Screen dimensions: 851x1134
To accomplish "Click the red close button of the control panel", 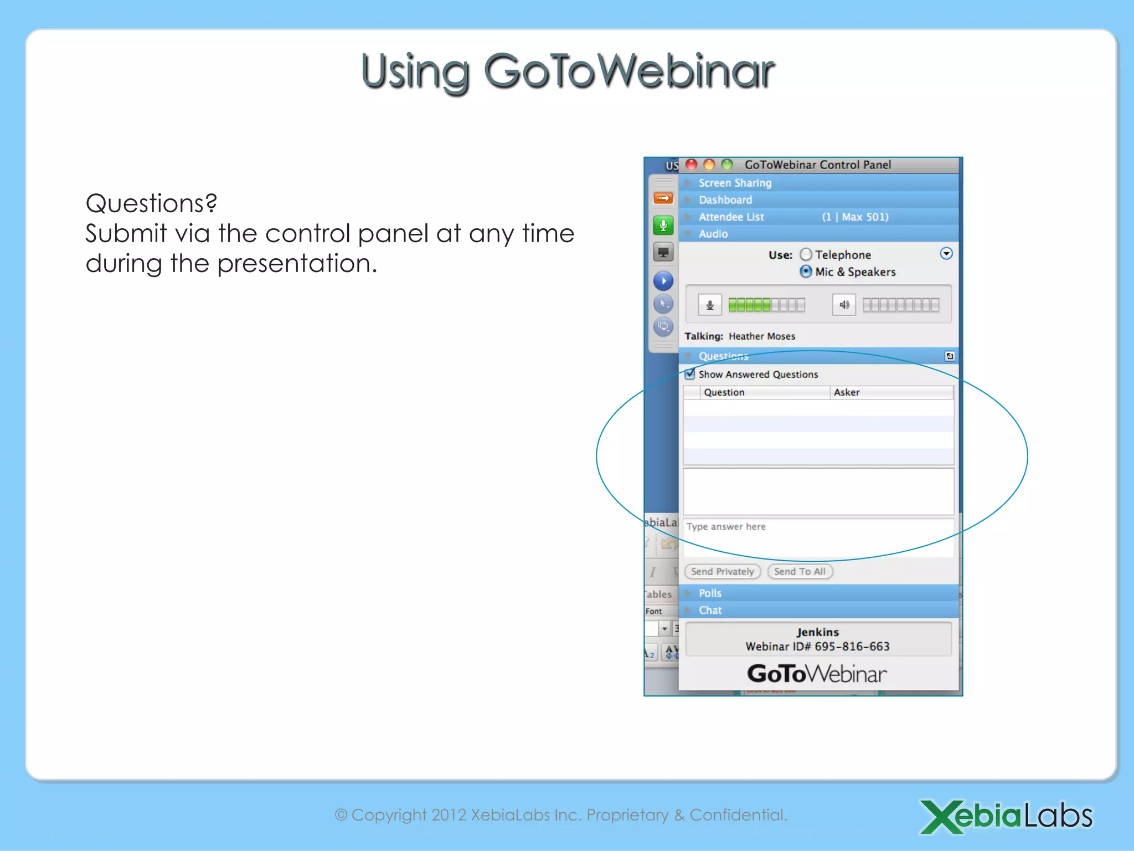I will [691, 165].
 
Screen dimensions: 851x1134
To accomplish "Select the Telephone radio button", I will [806, 254].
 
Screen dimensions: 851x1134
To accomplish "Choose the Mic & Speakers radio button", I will [806, 271].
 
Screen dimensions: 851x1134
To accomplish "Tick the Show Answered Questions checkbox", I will [690, 374].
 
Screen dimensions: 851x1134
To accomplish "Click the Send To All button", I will [800, 571].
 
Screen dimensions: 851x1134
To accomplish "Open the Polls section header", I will [710, 593].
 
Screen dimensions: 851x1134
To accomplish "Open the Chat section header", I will [710, 610].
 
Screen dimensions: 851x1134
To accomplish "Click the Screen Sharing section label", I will [735, 183].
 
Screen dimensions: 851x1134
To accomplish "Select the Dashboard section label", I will [725, 199].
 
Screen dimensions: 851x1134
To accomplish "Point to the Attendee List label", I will [731, 217].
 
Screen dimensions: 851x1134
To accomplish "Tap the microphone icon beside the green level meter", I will [710, 305].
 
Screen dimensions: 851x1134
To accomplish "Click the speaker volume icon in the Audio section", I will [844, 305].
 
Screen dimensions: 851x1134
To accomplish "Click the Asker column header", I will [847, 392].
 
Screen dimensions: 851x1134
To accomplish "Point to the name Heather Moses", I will [761, 336].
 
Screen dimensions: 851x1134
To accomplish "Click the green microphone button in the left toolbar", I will [663, 225].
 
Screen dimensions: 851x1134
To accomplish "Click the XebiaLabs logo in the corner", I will [1006, 816].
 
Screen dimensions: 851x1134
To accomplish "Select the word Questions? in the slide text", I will [151, 203].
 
